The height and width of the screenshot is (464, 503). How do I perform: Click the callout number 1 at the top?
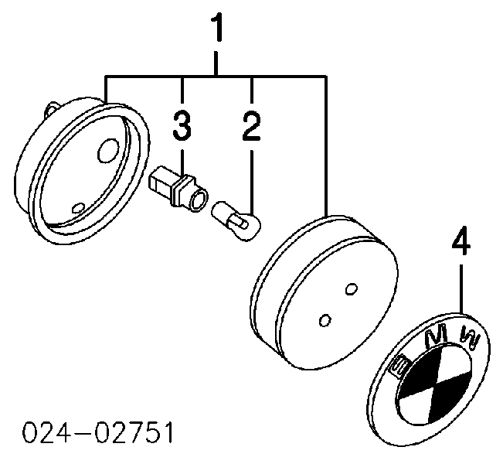pyautogui.click(x=217, y=27)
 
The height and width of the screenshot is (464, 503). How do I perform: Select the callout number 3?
pyautogui.click(x=182, y=125)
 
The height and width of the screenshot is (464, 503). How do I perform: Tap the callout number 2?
pyautogui.click(x=251, y=126)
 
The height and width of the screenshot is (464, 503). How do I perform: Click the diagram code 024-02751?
pyautogui.click(x=98, y=432)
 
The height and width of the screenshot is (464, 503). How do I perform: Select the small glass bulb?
pyautogui.click(x=236, y=221)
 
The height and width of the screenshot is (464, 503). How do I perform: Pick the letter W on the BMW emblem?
pyautogui.click(x=470, y=338)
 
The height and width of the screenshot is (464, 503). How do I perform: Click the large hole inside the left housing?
pyautogui.click(x=108, y=151)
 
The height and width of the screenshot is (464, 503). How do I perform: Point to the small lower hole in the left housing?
pyautogui.click(x=78, y=208)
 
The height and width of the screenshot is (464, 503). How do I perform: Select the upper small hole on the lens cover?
pyautogui.click(x=352, y=288)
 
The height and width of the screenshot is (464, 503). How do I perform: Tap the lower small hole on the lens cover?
pyautogui.click(x=325, y=320)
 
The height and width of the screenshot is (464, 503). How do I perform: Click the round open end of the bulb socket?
pyautogui.click(x=198, y=200)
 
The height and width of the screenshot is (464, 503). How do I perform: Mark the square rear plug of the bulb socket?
pyautogui.click(x=160, y=181)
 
